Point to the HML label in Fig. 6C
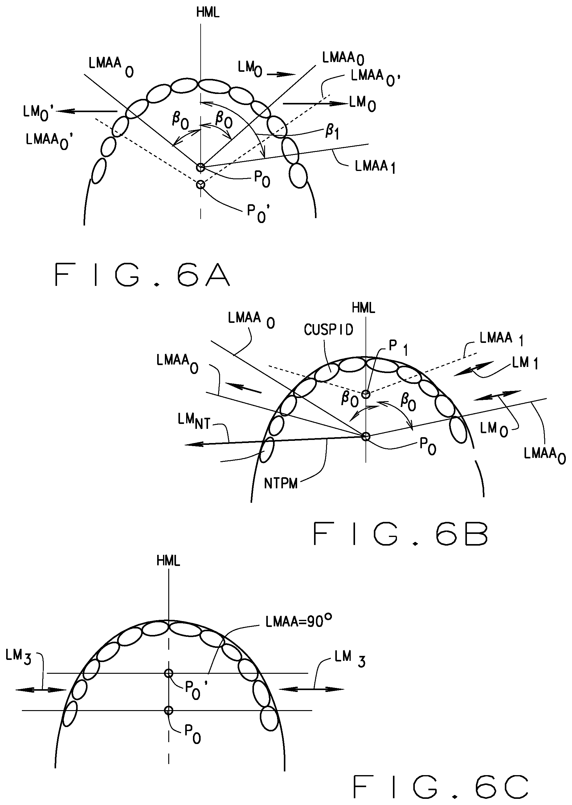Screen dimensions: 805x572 [168, 561]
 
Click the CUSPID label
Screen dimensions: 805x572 [328, 330]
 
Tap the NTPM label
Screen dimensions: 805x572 [281, 484]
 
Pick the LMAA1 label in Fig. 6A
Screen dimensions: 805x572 [375, 166]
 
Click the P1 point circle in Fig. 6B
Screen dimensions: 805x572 [366, 394]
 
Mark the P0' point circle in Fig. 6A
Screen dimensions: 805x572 [200, 184]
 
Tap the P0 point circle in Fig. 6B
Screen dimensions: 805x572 [366, 437]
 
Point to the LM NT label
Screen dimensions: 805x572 [194, 422]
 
